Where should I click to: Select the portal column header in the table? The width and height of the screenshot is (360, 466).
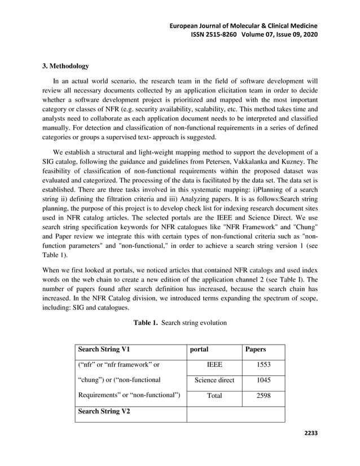tap(200, 349)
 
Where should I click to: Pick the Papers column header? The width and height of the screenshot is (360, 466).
tap(255, 349)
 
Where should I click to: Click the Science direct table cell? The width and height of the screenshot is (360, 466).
tap(214, 380)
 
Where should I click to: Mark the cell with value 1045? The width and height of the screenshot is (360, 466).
tap(263, 380)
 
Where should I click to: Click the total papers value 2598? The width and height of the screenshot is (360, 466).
tap(263, 396)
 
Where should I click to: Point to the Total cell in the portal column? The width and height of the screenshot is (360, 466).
tap(214, 396)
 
